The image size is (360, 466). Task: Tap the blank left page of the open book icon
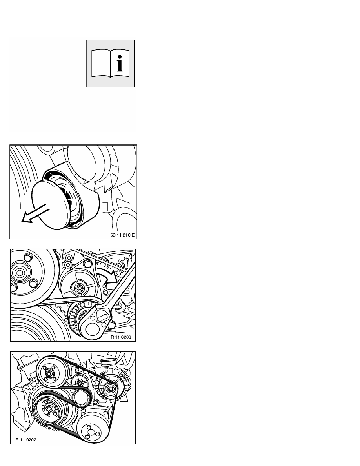[101, 64]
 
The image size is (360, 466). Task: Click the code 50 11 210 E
[122, 235]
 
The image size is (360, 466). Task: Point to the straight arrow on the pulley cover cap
[34, 213]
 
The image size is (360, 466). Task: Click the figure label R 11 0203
[121, 337]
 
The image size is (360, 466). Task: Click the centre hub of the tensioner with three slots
[79, 288]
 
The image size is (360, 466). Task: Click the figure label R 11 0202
[26, 440]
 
